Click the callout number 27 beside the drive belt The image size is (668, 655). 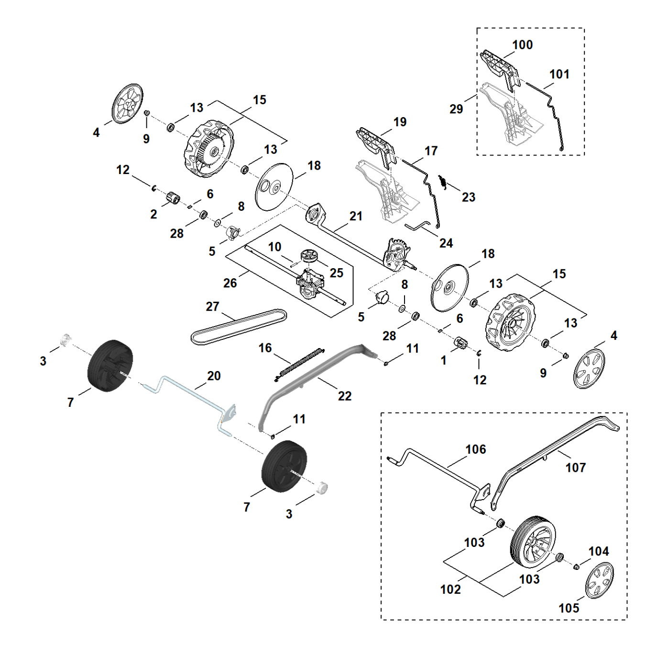[212, 306]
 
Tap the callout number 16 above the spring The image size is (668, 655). [265, 348]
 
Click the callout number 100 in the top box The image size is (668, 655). [523, 45]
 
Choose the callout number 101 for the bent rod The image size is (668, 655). [559, 74]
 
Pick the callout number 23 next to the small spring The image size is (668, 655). [469, 197]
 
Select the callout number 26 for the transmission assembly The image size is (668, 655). [230, 283]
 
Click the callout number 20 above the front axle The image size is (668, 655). [214, 375]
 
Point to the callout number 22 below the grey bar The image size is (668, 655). [345, 396]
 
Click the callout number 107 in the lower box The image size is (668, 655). [576, 468]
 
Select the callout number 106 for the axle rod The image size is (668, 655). [476, 449]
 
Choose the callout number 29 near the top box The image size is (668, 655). [456, 109]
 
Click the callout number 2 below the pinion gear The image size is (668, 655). [153, 214]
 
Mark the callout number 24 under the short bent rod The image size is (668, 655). [446, 243]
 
